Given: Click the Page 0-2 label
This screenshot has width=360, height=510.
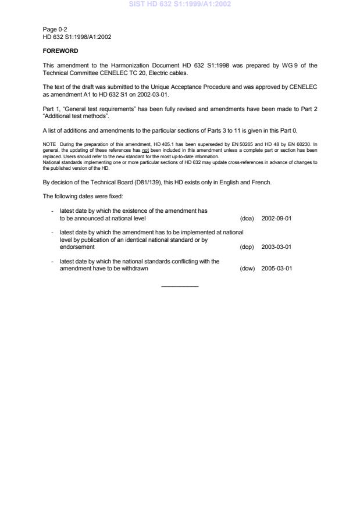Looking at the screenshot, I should point(55,29).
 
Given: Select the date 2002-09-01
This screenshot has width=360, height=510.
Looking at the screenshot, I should point(276,219).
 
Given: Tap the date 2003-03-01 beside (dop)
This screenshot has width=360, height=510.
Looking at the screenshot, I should point(276,247).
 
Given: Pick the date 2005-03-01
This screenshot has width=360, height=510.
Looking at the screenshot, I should point(276,269).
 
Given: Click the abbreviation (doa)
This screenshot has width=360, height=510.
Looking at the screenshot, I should point(247,219).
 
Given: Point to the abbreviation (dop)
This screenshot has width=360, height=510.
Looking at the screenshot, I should point(247,247).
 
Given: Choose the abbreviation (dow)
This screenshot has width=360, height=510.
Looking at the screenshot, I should point(247,269).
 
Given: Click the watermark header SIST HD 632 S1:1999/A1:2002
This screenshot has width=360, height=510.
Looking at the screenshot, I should point(180,4).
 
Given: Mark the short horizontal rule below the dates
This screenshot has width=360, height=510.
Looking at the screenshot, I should point(180,286).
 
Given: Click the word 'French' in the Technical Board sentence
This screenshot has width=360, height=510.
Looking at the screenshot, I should point(262,183).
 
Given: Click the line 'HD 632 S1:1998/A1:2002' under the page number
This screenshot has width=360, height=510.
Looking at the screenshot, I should point(77,37).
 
